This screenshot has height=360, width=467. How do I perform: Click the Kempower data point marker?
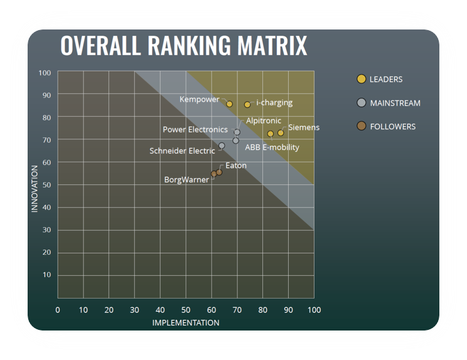point(230,104)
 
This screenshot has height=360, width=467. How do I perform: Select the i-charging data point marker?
point(247,105)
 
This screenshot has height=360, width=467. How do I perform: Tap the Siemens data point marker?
point(281,133)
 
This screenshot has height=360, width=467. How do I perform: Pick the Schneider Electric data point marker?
point(222,146)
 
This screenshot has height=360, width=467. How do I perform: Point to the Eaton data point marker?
point(219,172)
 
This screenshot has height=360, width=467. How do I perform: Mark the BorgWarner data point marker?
point(213,174)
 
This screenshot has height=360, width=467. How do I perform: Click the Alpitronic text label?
point(264,120)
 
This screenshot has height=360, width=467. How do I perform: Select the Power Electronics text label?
point(195,130)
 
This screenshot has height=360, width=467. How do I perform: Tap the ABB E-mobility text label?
point(272,147)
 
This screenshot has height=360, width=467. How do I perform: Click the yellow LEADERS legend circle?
point(361,79)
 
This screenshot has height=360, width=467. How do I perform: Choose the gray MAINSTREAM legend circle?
point(361,103)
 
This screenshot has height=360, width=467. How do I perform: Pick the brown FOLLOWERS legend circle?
point(361,126)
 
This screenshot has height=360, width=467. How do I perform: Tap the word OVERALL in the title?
point(101,46)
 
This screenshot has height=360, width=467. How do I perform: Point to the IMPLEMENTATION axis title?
point(186,323)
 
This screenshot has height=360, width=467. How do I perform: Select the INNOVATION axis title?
point(35,188)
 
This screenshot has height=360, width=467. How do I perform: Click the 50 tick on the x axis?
point(186,310)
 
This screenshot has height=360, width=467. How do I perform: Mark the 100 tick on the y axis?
point(45,73)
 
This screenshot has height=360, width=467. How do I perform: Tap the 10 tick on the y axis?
point(46,275)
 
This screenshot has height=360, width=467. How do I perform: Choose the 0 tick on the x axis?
point(58,310)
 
